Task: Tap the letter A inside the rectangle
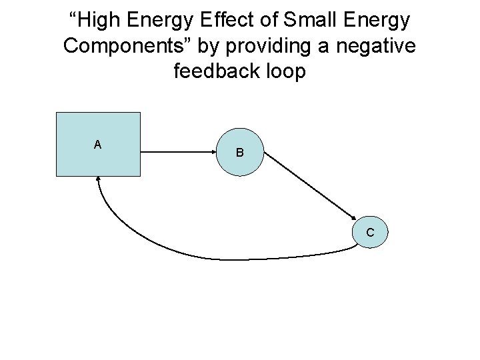[x=98, y=144]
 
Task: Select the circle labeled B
[x=240, y=153]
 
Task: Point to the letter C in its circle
[x=369, y=233]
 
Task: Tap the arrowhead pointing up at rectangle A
[x=99, y=180]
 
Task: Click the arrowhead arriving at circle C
[x=353, y=216]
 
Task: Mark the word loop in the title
[x=283, y=71]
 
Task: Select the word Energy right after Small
[x=377, y=20]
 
